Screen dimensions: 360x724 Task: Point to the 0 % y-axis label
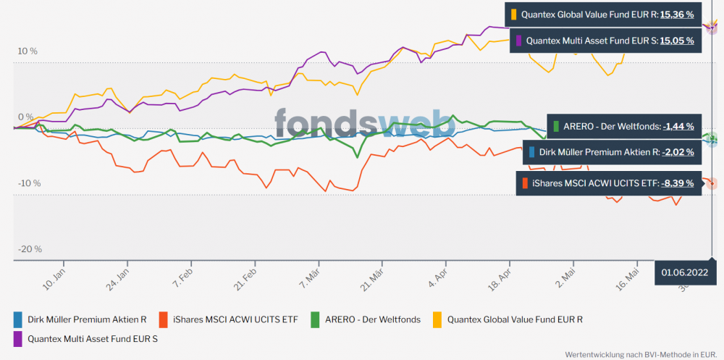click(x=27, y=117)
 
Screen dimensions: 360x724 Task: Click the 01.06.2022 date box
click(x=684, y=273)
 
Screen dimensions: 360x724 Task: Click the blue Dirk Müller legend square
click(x=18, y=319)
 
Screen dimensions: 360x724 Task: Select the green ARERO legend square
click(x=315, y=319)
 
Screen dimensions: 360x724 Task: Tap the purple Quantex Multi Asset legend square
click(x=18, y=338)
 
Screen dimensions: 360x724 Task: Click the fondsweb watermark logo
click(x=364, y=123)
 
